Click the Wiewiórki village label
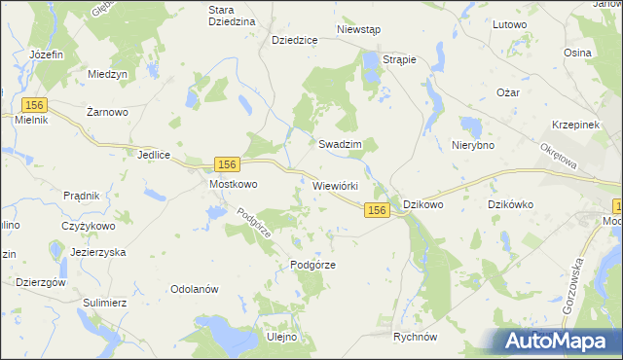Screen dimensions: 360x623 pos(337,185)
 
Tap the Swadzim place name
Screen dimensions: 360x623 pos(341,143)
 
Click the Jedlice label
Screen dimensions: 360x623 pos(155,155)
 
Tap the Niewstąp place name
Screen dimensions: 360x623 pos(357,30)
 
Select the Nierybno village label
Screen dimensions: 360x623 pos(474,144)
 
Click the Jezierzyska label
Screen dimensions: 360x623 pos(98,251)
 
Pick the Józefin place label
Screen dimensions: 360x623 pos(47,54)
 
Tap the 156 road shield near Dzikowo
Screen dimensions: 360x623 pos(379,210)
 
